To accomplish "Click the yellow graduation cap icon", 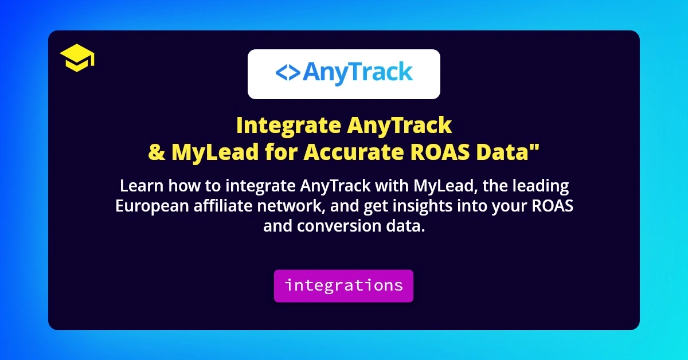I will point(77,59).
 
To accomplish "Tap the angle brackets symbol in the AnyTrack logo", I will point(287,73).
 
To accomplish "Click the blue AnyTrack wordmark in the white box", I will point(357,73).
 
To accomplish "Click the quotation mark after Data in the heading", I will point(537,148).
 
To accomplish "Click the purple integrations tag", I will point(343,285).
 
